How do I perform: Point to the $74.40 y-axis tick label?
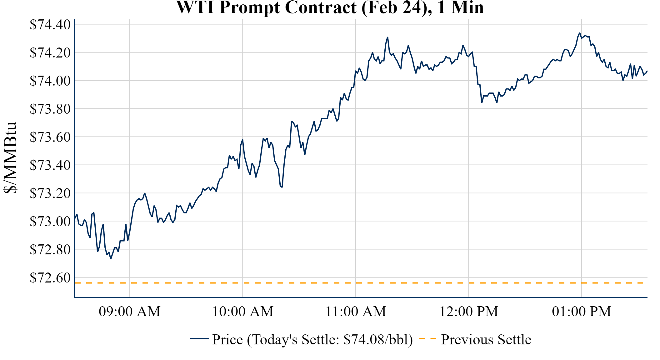point(50,25)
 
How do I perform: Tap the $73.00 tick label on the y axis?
point(50,222)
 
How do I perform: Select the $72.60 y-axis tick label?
point(50,278)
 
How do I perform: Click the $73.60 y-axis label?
point(50,137)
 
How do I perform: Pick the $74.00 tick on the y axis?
point(50,81)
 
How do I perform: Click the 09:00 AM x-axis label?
point(130,312)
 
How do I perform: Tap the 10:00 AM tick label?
point(243,312)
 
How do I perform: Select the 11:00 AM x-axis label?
point(356,312)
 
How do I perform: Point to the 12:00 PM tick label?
point(469,312)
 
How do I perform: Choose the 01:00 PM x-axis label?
point(582,312)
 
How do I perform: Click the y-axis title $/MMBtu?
point(10,158)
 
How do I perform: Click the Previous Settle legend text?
point(486,340)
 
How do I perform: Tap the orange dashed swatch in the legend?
point(427,338)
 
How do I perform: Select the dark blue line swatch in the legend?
point(199,338)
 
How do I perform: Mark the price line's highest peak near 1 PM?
point(580,33)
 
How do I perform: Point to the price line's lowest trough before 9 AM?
point(111,259)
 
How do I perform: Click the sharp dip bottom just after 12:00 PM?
point(482,102)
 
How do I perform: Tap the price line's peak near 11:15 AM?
point(387,37)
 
